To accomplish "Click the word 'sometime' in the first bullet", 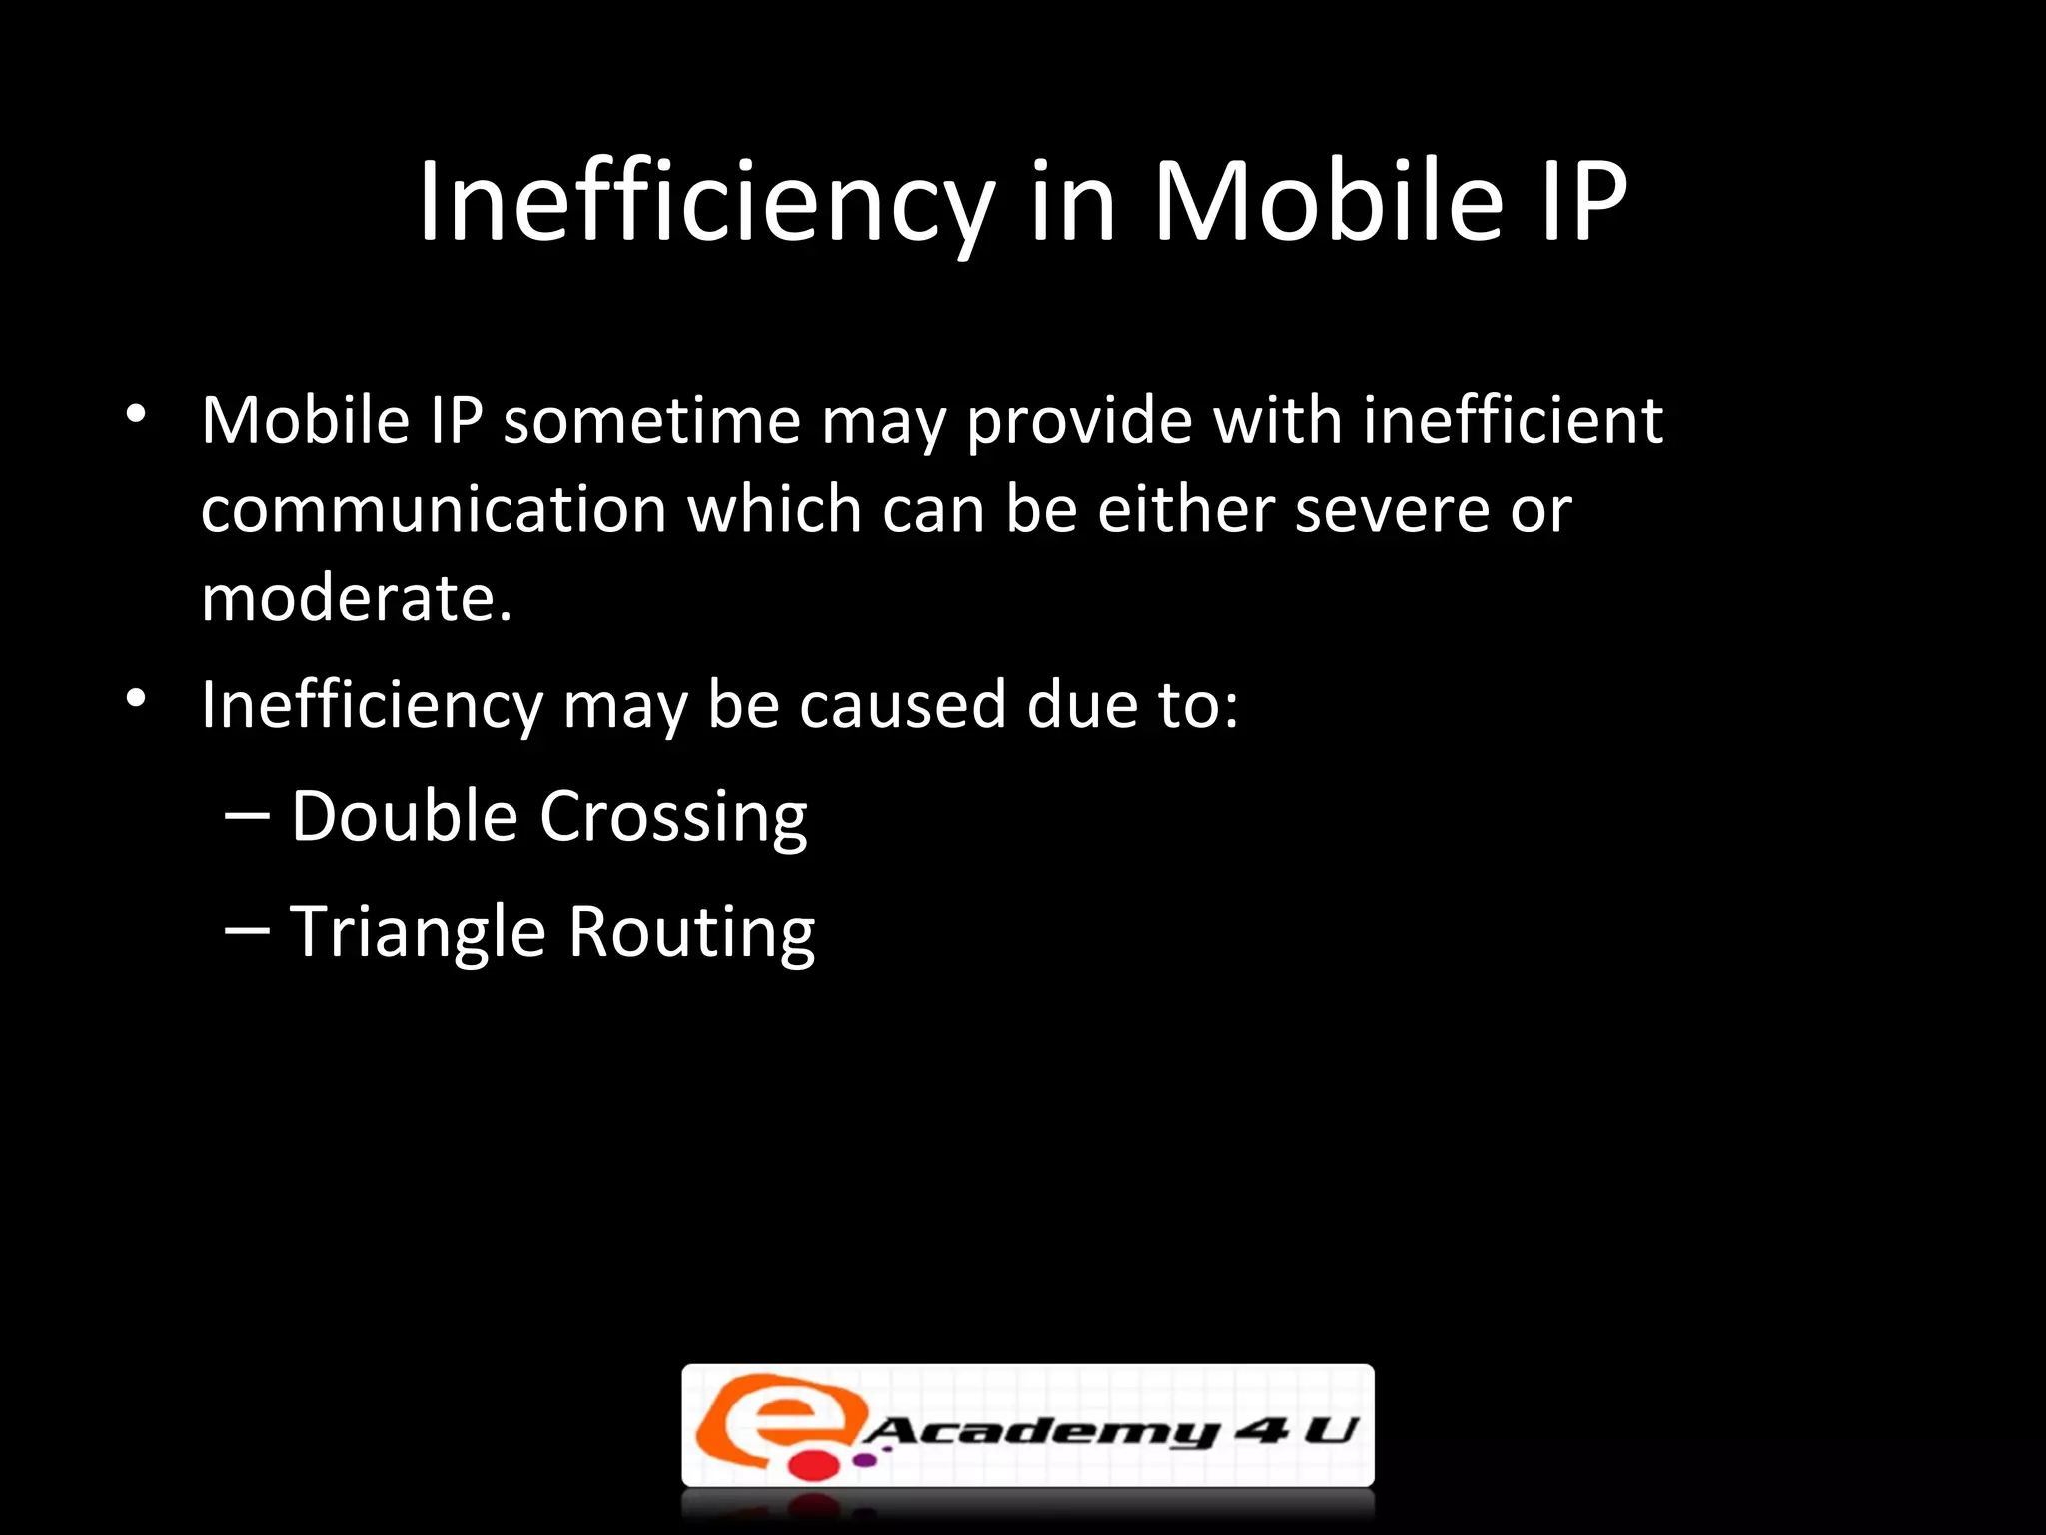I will tap(651, 420).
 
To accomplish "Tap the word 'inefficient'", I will tap(1513, 420).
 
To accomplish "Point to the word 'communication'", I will tap(434, 510).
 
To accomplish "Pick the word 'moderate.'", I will tap(357, 599).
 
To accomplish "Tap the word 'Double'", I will tap(405, 817).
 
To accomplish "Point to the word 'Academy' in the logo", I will tap(1039, 1431).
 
